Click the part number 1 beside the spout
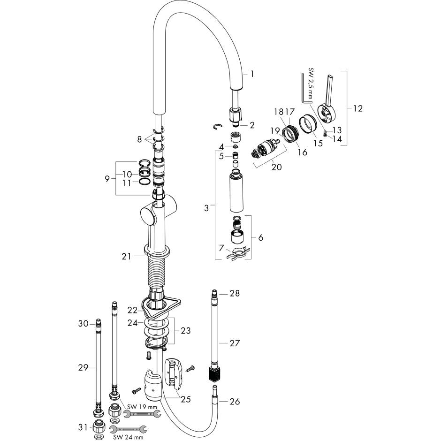(252, 74)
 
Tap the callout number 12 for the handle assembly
(358, 108)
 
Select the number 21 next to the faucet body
(127, 256)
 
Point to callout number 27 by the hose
(235, 343)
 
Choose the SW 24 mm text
(128, 437)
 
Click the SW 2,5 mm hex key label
(311, 83)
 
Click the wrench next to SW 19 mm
(142, 414)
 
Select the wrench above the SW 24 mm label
(128, 429)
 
